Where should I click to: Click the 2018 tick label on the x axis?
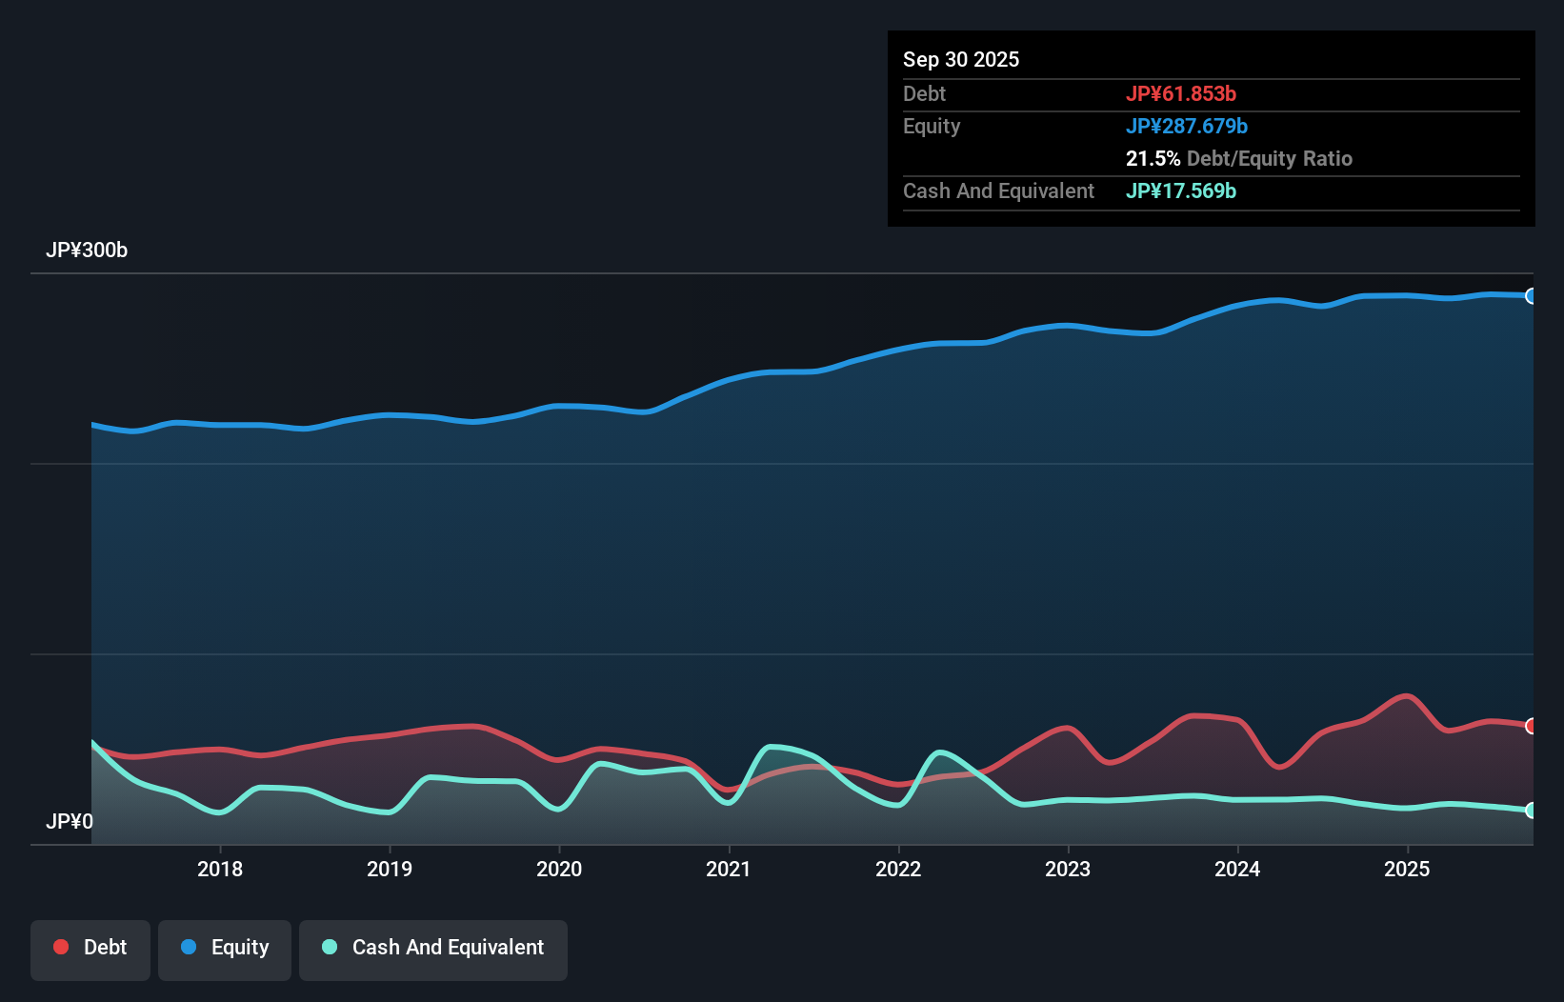tap(220, 869)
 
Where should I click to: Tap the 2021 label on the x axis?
tap(729, 869)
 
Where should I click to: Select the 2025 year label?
tap(1407, 869)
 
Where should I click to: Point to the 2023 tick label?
tap(1068, 869)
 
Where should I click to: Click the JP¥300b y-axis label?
tap(87, 250)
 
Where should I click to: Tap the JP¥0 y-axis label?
tap(70, 821)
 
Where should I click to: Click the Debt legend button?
tap(90, 948)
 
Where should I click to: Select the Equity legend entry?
tap(225, 948)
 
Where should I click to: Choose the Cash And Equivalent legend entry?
tap(433, 948)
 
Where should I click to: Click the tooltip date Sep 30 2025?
tap(961, 60)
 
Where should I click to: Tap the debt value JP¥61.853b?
tap(1181, 94)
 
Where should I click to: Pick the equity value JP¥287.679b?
tap(1187, 127)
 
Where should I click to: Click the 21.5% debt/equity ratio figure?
tap(1153, 159)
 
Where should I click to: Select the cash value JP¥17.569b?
tap(1181, 191)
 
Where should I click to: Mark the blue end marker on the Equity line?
tap(1532, 296)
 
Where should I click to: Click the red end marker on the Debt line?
tap(1532, 726)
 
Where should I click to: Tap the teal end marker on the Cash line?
tap(1532, 811)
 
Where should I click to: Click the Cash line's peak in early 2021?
tap(772, 747)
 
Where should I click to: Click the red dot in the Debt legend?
tap(61, 947)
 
